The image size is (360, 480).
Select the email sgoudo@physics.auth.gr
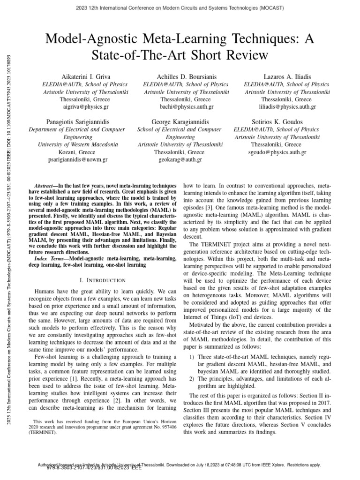click(x=277, y=152)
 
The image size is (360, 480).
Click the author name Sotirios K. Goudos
click(x=277, y=122)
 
